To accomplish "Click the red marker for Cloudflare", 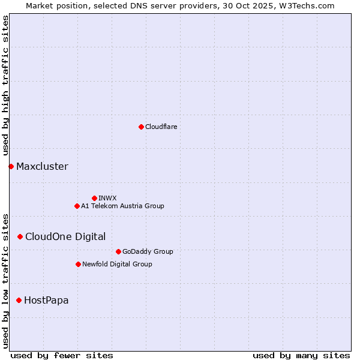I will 141,127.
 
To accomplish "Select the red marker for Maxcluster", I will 11,166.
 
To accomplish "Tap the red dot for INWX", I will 94,198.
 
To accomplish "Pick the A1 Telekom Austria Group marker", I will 77,206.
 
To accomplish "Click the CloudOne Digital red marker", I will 20,236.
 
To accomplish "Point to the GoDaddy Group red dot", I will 118,251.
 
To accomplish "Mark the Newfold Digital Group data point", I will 78,264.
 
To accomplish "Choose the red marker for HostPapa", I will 19,300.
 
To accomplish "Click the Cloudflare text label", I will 161,127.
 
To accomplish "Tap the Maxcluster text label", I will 42,166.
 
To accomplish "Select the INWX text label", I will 107,198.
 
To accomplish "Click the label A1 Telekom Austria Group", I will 122,206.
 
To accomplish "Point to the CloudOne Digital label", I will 65,236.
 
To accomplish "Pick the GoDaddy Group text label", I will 148,251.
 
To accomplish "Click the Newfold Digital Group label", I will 117,264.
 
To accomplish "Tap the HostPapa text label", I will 46,300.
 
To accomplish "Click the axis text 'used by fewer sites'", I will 62,355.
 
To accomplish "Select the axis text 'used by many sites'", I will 301,355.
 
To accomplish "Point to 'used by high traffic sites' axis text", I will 5,86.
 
